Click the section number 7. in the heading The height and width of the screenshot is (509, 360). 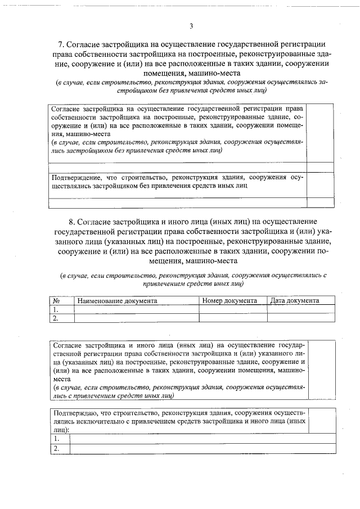click(x=62, y=44)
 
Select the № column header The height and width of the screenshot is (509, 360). click(x=56, y=301)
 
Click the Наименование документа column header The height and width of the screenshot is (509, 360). click(x=117, y=301)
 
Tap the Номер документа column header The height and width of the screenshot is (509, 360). click(x=230, y=301)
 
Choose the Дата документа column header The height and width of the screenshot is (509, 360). click(x=294, y=301)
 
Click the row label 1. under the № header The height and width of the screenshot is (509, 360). click(x=56, y=309)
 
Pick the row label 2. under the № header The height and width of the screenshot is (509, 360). click(x=56, y=318)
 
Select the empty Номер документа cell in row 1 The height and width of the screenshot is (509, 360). click(x=233, y=309)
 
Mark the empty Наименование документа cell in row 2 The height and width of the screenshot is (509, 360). click(x=137, y=318)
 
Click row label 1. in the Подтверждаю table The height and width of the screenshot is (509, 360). click(x=57, y=439)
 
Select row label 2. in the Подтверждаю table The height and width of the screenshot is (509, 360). click(x=57, y=448)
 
